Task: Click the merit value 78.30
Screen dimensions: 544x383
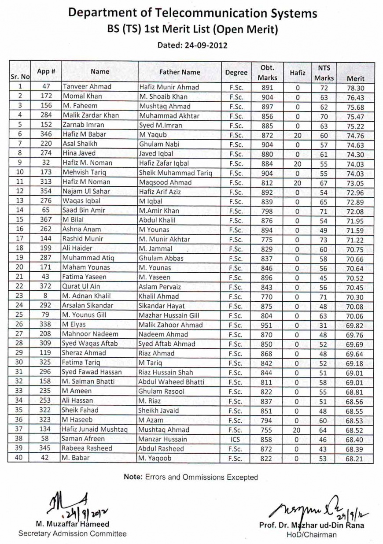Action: pos(355,88)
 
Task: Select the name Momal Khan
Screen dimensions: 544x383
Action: pos(82,96)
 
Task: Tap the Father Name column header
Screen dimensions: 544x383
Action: pos(179,72)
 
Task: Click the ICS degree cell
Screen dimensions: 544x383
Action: pos(236,439)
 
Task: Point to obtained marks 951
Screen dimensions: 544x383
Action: pos(267,325)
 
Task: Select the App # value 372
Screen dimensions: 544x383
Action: pos(45,286)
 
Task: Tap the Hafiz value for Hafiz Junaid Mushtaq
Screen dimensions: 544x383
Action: pos(296,430)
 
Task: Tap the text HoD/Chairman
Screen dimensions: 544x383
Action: pos(311,535)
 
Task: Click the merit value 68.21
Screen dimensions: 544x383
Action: pos(355,459)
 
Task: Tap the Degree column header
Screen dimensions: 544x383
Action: pos(236,72)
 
